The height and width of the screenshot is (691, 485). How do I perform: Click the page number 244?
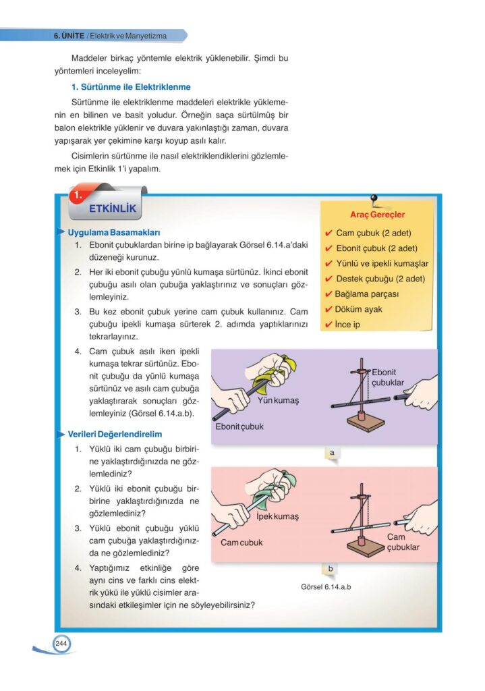[61, 644]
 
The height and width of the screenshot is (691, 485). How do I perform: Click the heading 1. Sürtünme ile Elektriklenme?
[131, 87]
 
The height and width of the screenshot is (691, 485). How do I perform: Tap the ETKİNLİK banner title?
[112, 209]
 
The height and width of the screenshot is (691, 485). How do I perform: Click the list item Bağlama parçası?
[367, 294]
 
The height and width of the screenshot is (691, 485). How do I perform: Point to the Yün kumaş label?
[278, 401]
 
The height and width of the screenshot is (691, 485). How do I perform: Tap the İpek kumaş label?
[277, 516]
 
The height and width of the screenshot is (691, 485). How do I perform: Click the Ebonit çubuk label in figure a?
[239, 426]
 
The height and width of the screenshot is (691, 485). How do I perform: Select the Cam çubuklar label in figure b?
[403, 542]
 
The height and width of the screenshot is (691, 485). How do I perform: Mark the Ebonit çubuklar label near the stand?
[388, 377]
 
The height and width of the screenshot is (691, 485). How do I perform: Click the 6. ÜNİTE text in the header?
[69, 35]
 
